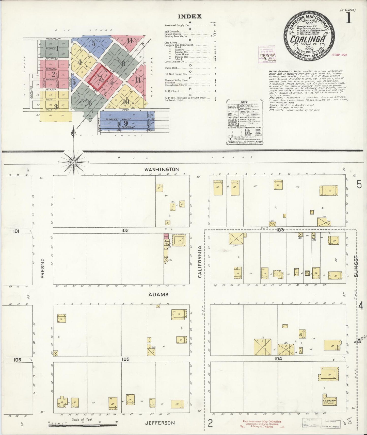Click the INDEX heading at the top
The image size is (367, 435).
[x=190, y=16]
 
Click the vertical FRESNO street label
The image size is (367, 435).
[x=42, y=268]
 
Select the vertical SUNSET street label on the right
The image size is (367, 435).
[x=357, y=265]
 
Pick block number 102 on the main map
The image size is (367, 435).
[x=125, y=230]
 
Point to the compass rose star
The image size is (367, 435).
[x=73, y=162]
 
